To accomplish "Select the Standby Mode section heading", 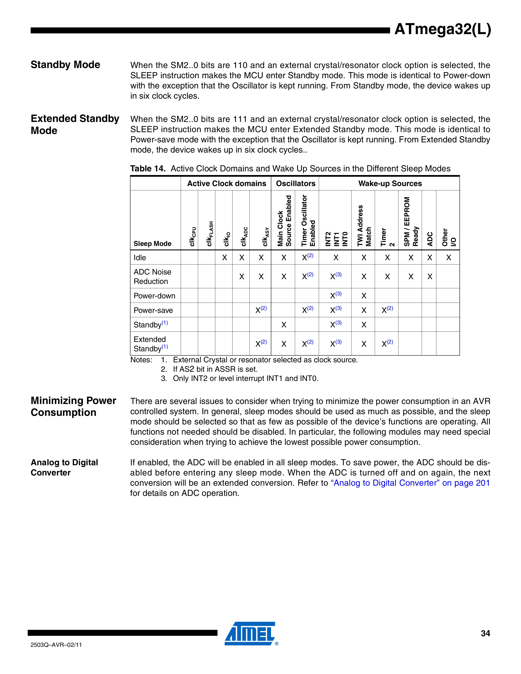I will pos(65,65).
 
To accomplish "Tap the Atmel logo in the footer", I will pos(250,633).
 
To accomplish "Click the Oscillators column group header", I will pos(295,184).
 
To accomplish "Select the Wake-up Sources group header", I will pos(390,184).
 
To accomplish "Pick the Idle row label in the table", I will pos(140,258).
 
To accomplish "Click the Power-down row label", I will pos(154,296).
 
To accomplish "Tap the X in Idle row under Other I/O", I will pos(448,258).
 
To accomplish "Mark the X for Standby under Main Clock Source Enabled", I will pos(284,325).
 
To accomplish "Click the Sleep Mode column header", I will pos(152,244).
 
